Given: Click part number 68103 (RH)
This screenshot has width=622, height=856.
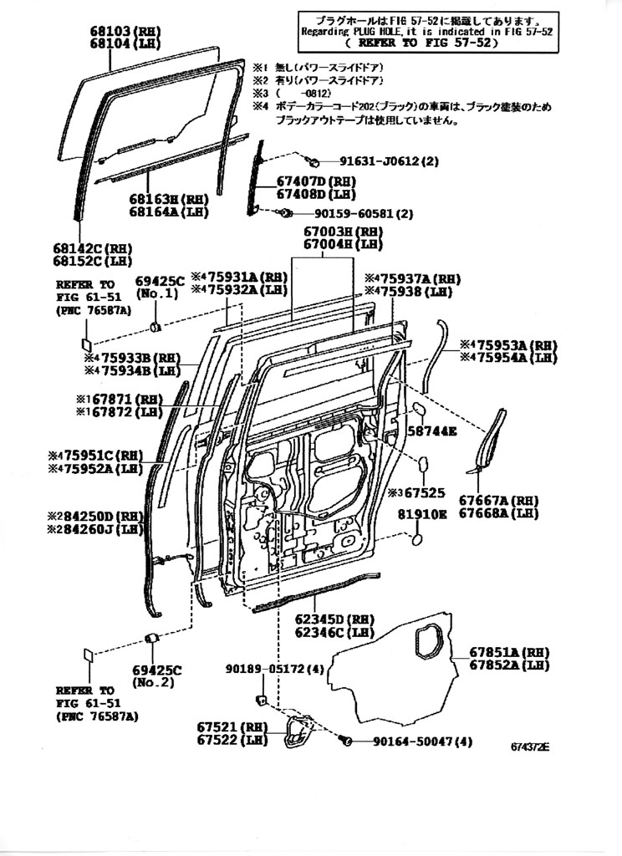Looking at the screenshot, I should [x=125, y=32].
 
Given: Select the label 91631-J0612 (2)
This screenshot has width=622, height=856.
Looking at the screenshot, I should [x=389, y=160].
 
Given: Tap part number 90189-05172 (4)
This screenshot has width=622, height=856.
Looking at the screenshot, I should [x=275, y=669].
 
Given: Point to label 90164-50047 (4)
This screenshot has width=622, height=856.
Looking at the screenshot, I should [x=423, y=741].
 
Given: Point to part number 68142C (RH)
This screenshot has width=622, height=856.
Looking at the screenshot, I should [x=92, y=249].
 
